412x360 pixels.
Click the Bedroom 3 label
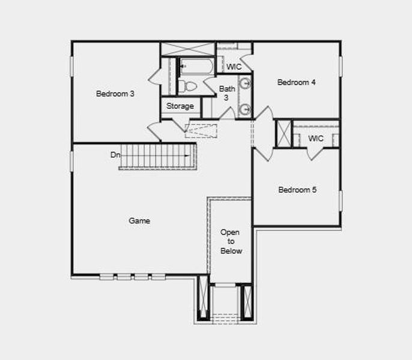[x=115, y=94]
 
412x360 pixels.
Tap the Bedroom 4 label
[x=296, y=82]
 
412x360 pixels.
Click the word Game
[x=139, y=221]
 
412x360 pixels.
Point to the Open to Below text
[x=230, y=241]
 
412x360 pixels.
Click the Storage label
[x=180, y=106]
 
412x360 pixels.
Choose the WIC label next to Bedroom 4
[x=234, y=67]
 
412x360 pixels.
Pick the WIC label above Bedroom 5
[x=316, y=139]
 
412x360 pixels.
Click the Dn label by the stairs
[x=115, y=155]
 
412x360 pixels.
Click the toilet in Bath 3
[x=187, y=86]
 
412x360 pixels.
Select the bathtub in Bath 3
[x=196, y=66]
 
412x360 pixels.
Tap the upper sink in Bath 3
[x=245, y=83]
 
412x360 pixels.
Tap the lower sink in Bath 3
[x=245, y=109]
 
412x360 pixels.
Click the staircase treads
[x=157, y=156]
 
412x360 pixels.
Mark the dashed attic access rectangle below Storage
[x=201, y=131]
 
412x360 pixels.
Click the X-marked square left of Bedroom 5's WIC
[x=283, y=133]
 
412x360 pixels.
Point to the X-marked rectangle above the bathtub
[x=187, y=49]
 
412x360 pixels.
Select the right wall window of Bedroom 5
[x=340, y=201]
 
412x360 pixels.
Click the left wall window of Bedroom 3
[x=72, y=66]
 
